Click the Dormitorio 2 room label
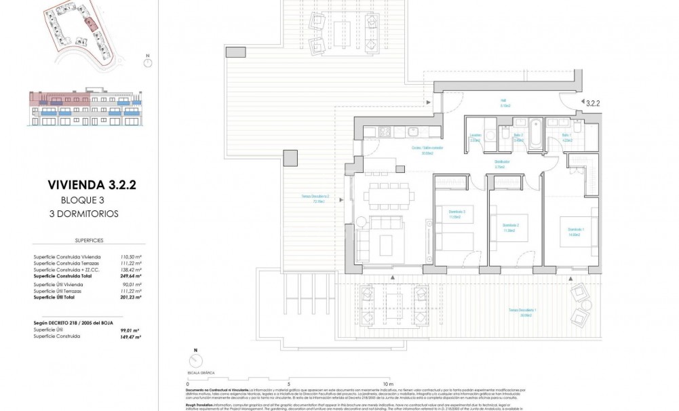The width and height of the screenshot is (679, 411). click(x=511, y=226)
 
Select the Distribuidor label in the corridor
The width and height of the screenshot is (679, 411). click(x=503, y=163)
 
